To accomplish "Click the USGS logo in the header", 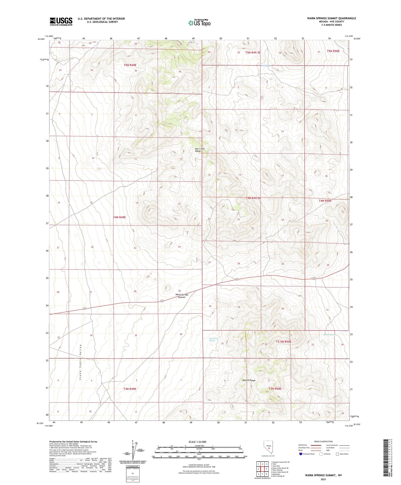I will pos(61,21).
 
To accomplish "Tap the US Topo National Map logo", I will pos(199,23).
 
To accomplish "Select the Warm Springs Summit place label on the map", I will pos(182,296).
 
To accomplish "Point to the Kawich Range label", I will pos(249,380).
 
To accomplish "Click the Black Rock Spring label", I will pos(214,339).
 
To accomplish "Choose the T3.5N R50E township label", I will pos(283,342).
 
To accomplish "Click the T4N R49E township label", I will pos(119,217).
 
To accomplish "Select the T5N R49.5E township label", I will pos(253,53).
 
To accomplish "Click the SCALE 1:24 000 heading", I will pos(197,442).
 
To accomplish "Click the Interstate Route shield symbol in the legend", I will pos(301,454).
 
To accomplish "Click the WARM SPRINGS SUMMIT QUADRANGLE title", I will pos(331,18).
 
